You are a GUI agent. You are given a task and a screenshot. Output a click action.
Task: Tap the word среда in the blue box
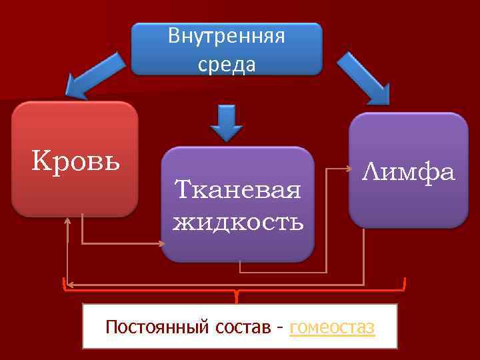pyautogui.click(x=226, y=65)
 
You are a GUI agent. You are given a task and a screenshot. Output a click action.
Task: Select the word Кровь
pyautogui.click(x=76, y=161)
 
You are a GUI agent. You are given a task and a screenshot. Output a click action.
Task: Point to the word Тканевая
pyautogui.click(x=237, y=191)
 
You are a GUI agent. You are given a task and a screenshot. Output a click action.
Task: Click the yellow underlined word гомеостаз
pyautogui.click(x=333, y=327)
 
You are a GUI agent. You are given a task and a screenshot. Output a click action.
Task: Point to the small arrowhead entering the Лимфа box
pyautogui.click(x=347, y=169)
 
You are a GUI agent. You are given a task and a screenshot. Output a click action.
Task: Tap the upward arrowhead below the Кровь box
pyautogui.click(x=68, y=221)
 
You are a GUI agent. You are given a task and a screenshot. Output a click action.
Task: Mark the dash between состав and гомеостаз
pyautogui.click(x=282, y=328)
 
